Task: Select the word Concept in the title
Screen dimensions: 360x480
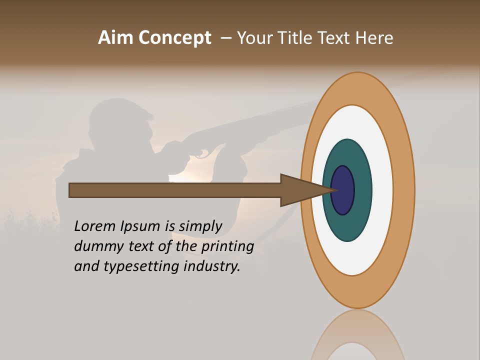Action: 175,38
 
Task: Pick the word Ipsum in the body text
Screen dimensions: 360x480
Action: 140,226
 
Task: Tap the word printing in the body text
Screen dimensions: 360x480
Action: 227,247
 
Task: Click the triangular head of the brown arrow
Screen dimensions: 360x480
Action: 300,190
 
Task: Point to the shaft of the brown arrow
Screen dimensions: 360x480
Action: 175,190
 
